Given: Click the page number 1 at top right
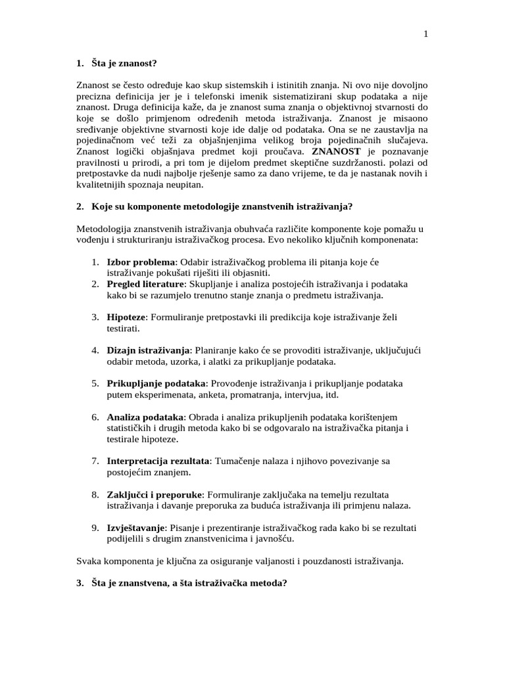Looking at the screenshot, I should pyautogui.click(x=426, y=34).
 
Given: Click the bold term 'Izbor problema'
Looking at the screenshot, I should pyautogui.click(x=141, y=262).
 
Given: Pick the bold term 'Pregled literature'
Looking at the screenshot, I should pyautogui.click(x=146, y=285).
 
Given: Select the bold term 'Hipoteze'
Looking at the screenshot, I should pyautogui.click(x=126, y=317).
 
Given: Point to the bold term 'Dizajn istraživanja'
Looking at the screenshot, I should pyautogui.click(x=149, y=350).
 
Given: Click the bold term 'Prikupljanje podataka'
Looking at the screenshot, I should pyautogui.click(x=156, y=383).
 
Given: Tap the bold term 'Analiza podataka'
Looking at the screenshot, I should pyautogui.click(x=145, y=417).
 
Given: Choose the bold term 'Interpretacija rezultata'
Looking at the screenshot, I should pyautogui.click(x=158, y=461).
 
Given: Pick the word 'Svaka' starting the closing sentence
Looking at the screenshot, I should pyautogui.click(x=87, y=561).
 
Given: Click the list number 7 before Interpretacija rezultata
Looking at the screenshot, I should pyautogui.click(x=95, y=461).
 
